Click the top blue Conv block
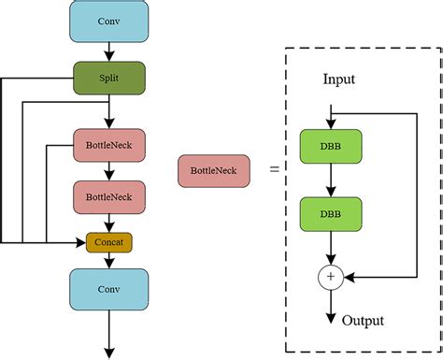(109, 22)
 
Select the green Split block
(109, 79)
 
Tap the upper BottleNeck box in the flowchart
(109, 147)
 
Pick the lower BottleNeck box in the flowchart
(109, 198)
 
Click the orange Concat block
(109, 242)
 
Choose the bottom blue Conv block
(109, 290)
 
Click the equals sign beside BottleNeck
(274, 170)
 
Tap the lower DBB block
(329, 214)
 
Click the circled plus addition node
(329, 277)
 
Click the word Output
(363, 321)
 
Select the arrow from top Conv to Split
(109, 51)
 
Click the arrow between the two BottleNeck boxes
(109, 172)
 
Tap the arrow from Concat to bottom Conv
(109, 261)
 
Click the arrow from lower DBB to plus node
(329, 249)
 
